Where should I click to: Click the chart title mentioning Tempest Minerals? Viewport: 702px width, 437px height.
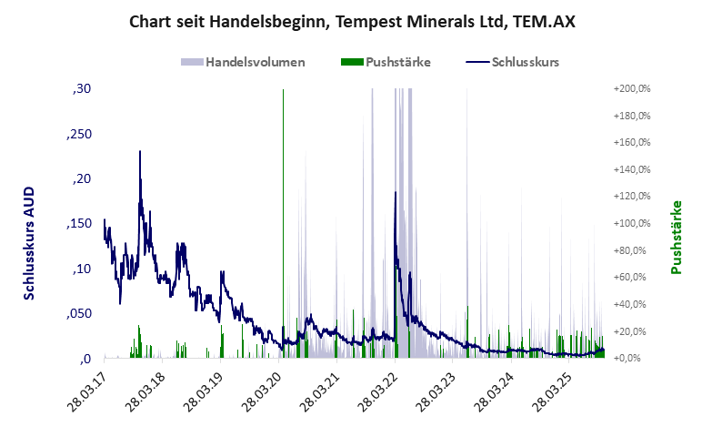coord(351,21)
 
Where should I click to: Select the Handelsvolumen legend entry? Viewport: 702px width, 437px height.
coord(243,63)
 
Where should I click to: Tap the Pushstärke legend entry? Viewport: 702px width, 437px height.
coord(386,63)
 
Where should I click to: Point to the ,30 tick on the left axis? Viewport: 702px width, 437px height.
coord(81,89)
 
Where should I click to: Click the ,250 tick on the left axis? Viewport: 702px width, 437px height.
coord(78,134)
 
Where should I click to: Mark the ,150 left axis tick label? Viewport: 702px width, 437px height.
coord(78,224)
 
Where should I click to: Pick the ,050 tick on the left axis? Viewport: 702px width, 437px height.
coord(78,313)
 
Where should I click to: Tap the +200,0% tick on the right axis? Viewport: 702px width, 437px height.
coord(633,89)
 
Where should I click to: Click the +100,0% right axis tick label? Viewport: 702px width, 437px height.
coord(633,224)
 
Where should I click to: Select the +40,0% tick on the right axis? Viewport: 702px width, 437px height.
coord(635,304)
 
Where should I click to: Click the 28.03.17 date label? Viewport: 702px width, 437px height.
coord(88,391)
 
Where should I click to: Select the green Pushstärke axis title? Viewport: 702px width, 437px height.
coord(677,237)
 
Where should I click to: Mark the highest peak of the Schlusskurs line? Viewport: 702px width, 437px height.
coord(140,152)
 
